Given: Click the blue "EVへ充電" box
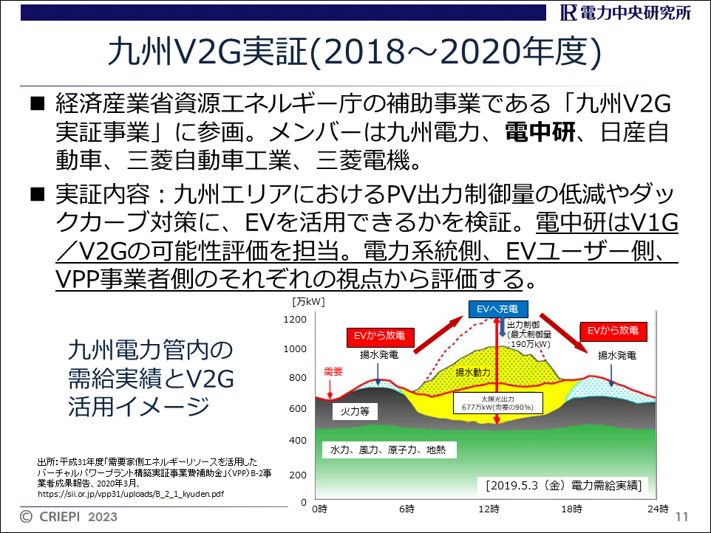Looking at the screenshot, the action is pos(498,309).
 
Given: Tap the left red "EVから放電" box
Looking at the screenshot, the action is pos(380,336).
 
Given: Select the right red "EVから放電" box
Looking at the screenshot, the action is pos(613,331).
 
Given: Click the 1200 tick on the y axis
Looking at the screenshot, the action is pos(295,319).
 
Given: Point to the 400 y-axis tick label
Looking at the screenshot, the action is pos(298,440).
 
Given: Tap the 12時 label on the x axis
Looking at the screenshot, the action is pos(489,509).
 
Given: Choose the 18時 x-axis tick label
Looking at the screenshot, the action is pos(572,509).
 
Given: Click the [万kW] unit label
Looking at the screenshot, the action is pos(308,301).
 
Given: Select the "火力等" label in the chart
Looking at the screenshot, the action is pos(355,411).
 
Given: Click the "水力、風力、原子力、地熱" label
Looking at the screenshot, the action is pos(388,450).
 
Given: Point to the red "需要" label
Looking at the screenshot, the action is pos(333,372).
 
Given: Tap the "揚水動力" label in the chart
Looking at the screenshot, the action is pos(473,372).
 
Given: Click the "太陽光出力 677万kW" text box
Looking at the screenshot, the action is pos(497,403).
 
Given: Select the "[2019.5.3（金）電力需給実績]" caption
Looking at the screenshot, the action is pos(564,486).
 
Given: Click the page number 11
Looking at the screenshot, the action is pos(682,517).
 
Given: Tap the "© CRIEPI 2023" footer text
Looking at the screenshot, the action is pos(69,517).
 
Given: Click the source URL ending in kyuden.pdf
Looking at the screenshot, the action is pos(131,494).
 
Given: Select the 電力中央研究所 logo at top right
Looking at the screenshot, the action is pos(626,13).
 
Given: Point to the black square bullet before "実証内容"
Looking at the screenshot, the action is pos(38,195).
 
